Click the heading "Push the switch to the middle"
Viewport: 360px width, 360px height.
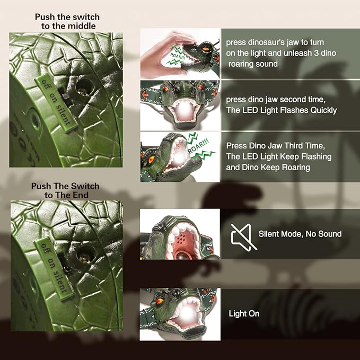point(67,21)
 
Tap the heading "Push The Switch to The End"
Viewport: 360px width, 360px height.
point(65,190)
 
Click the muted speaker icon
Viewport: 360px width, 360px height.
point(243,237)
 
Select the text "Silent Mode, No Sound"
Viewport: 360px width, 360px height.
point(300,234)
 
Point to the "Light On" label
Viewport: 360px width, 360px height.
point(244,314)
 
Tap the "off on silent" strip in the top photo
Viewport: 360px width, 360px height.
point(56,102)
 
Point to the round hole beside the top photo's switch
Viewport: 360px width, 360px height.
point(84,87)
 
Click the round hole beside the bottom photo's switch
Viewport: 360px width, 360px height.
point(85,254)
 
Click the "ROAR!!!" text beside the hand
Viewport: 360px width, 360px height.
point(178,57)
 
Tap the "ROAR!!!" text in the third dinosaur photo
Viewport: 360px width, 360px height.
point(198,146)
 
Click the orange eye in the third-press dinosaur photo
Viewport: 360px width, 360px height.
point(152,159)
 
